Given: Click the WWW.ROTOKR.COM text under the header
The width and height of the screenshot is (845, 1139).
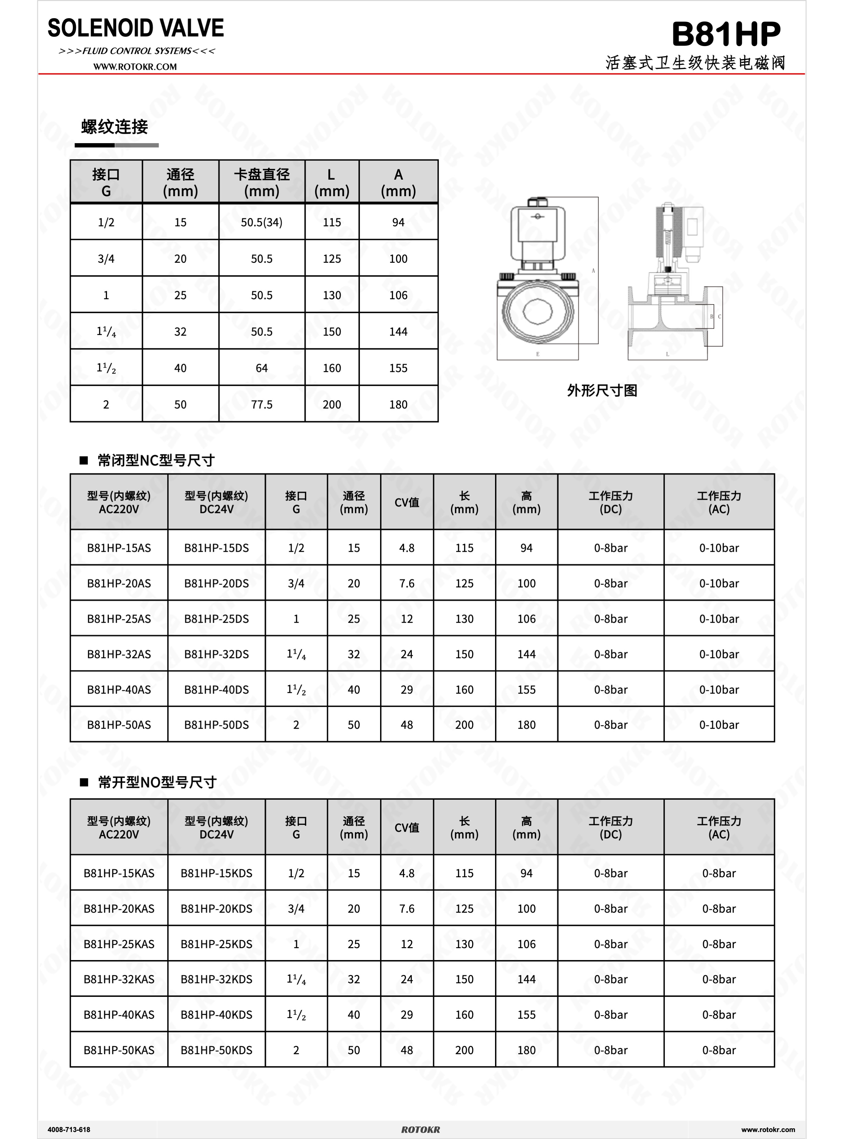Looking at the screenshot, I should (135, 67).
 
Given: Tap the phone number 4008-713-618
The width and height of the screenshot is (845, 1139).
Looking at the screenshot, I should (69, 1129).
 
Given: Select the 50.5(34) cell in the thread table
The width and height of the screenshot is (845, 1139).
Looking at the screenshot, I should (261, 222).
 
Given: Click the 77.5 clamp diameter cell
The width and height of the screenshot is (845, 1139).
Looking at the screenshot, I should (261, 405).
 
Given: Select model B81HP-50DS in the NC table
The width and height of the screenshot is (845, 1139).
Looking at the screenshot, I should (216, 725).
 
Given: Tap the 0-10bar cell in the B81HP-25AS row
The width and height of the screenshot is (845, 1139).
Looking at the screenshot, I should (719, 619).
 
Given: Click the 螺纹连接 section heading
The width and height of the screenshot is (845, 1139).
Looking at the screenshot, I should (115, 127).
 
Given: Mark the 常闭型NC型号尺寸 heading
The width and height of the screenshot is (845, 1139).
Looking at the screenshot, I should (156, 460).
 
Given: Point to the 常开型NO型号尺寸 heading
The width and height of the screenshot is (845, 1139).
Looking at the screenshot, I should (157, 782).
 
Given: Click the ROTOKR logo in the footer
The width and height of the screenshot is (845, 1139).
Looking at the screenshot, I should (421, 1129).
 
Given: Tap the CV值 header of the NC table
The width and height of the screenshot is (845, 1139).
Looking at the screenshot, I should (407, 502).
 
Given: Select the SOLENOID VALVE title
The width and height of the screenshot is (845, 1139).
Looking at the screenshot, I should (136, 28).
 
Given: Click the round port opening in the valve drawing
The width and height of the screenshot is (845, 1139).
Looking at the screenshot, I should (537, 311).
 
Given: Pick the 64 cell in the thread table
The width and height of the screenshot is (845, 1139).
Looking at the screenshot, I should (261, 368).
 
